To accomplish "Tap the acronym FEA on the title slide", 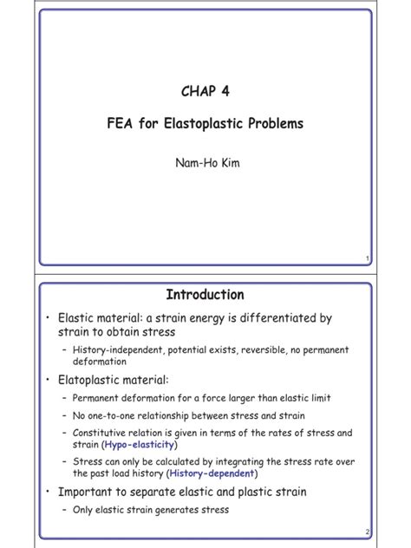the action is coord(121,124).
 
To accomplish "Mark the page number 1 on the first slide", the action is coord(369,258).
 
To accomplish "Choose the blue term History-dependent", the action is coord(213,473).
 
